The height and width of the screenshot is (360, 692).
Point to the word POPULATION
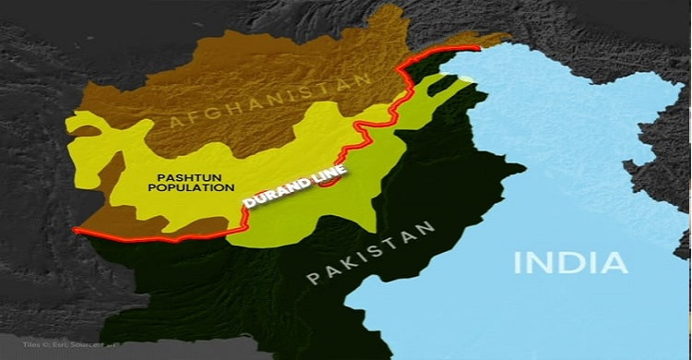(x=195, y=186)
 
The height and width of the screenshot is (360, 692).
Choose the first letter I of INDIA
(x=519, y=262)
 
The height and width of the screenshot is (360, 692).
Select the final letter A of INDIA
(x=614, y=262)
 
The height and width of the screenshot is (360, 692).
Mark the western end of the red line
(x=74, y=229)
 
